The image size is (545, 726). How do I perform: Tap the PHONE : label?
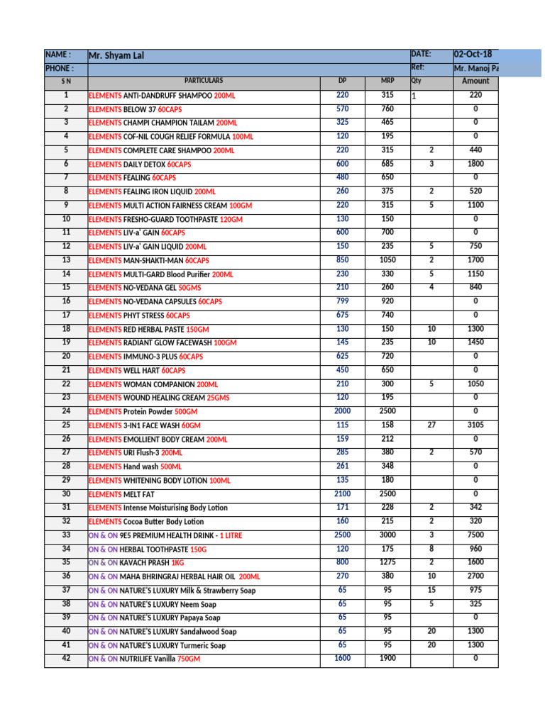(x=58, y=69)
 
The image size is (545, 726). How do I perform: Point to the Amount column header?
(x=475, y=82)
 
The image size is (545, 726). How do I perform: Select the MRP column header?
(x=387, y=82)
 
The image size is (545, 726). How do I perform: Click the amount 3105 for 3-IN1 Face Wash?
(x=475, y=425)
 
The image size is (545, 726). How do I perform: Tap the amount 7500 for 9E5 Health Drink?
(x=475, y=535)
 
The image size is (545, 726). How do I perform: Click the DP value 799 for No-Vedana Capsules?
(x=342, y=301)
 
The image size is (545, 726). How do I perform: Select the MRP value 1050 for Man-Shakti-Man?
(x=387, y=259)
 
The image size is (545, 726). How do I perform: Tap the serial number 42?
(x=66, y=658)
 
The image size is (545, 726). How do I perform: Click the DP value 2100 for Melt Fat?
(x=342, y=493)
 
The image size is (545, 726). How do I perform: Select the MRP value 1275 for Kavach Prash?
(x=387, y=562)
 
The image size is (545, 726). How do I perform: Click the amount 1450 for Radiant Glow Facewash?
(x=475, y=342)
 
